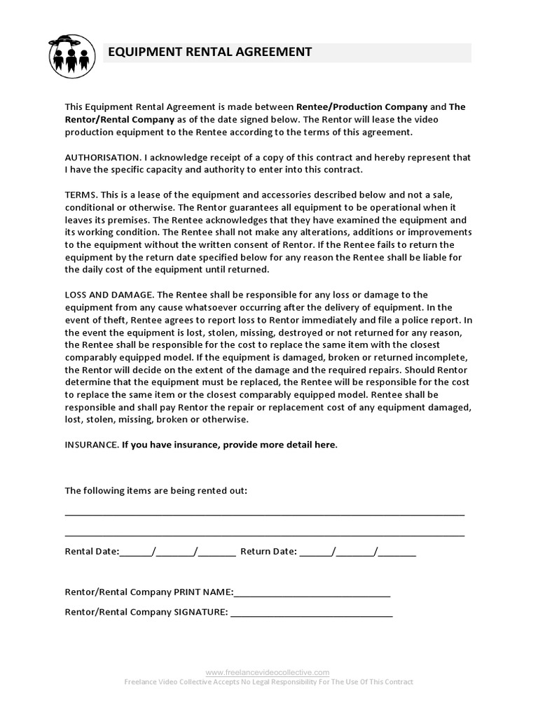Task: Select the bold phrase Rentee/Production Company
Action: pos(361,107)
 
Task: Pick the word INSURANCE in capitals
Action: pos(91,445)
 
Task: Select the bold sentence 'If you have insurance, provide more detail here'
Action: pos(229,445)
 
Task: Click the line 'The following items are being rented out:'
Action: pos(156,491)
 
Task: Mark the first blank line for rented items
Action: pos(264,514)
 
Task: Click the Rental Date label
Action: pos(92,551)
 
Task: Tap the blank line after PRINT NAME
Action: pos(312,594)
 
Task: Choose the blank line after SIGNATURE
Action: pos(311,614)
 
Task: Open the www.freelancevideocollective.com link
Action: pos(268,671)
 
